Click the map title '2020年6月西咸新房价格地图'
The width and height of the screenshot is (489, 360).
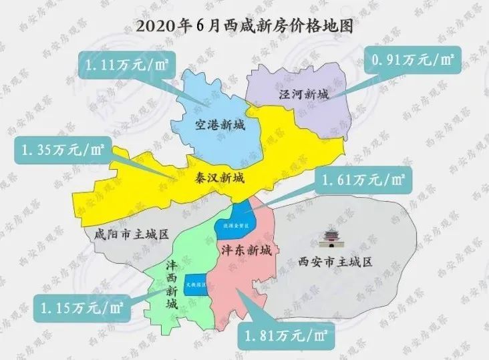[244, 27]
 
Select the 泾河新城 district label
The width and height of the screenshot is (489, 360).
[304, 96]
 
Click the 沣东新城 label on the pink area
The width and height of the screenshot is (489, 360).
[246, 250]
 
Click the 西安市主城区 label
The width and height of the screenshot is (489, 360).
[335, 261]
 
